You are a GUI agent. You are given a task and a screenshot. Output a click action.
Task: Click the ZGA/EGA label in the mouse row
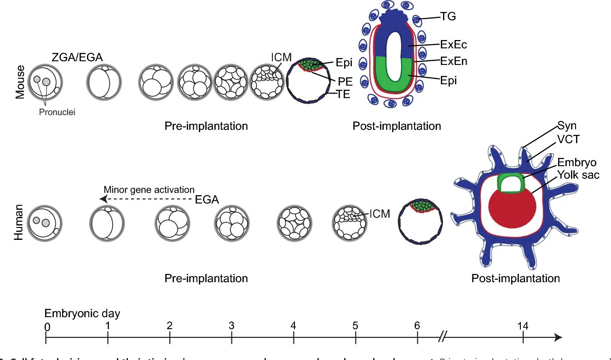click(x=77, y=57)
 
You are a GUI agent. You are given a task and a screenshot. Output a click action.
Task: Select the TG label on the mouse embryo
click(x=448, y=17)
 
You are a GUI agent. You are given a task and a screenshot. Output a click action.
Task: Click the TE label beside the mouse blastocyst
click(x=343, y=95)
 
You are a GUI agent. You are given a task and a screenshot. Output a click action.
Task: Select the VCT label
click(x=569, y=139)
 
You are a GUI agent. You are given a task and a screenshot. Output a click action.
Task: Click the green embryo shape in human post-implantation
click(x=511, y=177)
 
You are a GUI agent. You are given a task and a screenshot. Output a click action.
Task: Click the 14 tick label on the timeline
click(x=523, y=326)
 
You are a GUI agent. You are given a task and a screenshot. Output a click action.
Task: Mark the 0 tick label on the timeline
click(x=47, y=326)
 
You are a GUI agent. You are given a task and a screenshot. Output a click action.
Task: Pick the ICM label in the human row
click(x=380, y=214)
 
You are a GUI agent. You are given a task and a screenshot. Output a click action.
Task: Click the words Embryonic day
click(x=82, y=314)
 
